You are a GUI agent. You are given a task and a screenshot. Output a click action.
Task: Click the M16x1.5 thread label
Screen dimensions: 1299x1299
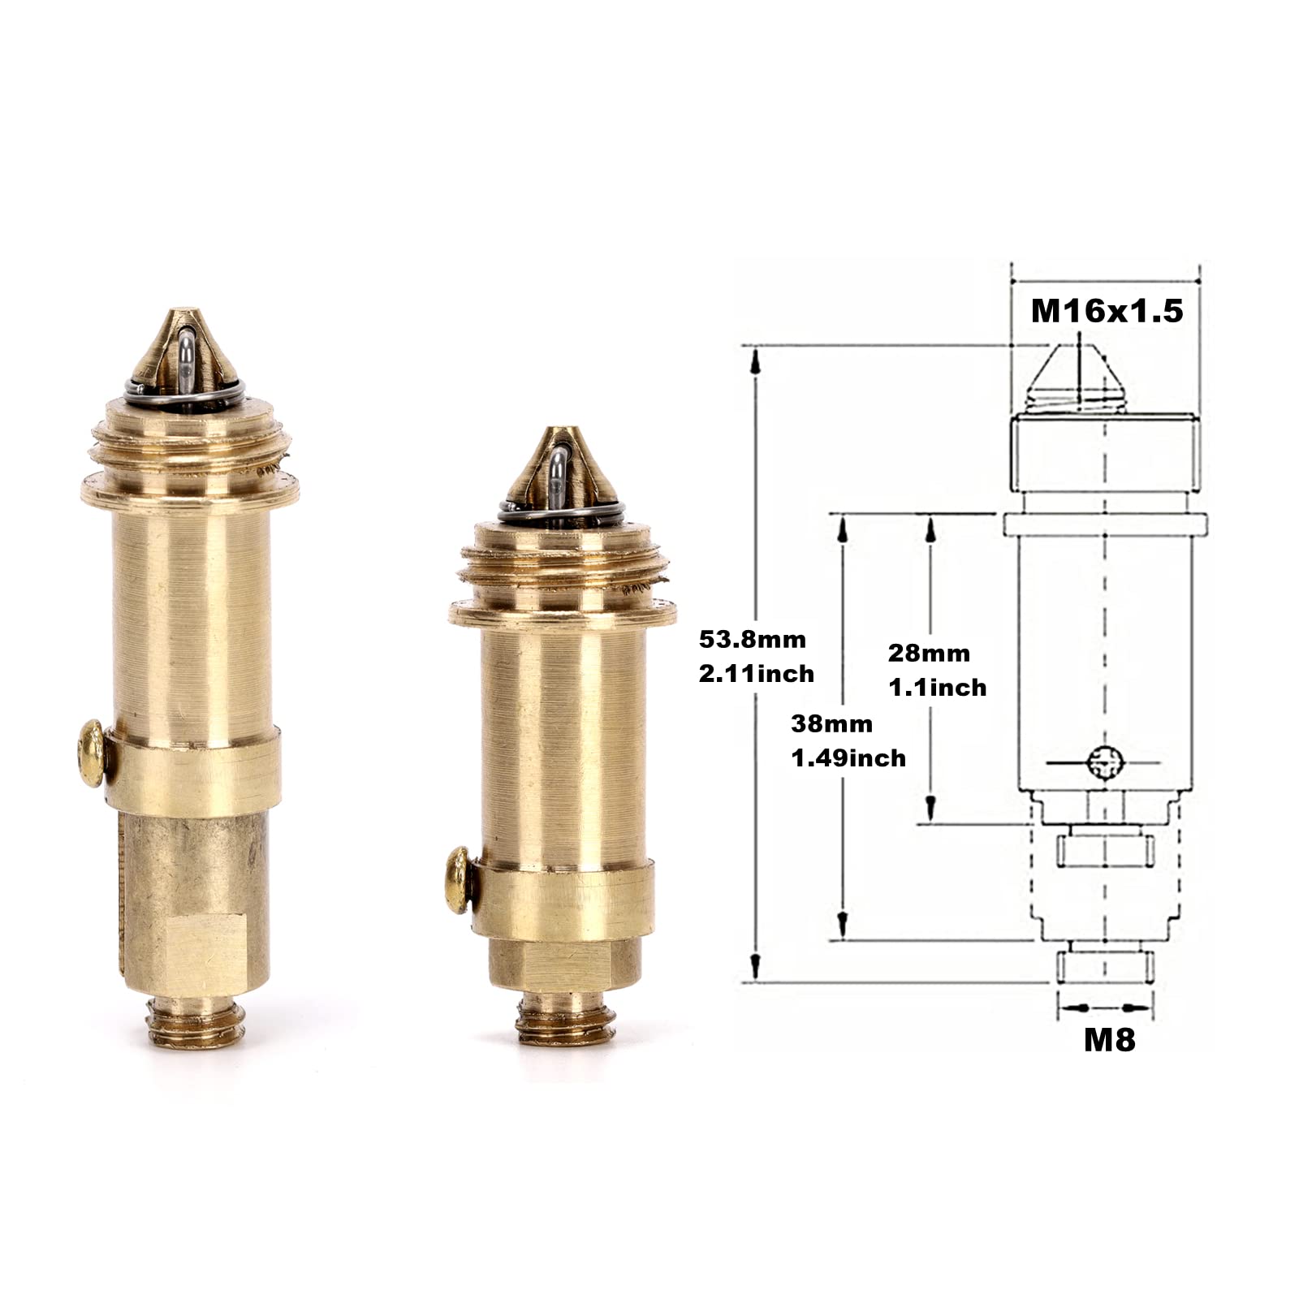coord(1107,310)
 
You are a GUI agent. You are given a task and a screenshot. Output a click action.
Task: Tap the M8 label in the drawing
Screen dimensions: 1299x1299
coord(1110,1040)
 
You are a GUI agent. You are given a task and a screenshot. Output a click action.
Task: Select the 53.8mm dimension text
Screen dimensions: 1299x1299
coord(753,640)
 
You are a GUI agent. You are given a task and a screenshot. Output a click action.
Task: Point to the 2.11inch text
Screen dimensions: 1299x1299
coord(757,673)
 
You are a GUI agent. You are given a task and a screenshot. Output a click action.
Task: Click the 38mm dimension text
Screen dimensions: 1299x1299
coord(832,723)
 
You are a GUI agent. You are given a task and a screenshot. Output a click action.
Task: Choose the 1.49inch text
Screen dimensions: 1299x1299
coord(848,757)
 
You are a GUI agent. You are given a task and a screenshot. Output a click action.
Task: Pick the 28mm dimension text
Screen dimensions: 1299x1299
coord(929,653)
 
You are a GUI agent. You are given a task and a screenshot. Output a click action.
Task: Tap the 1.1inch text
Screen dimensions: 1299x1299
coord(938,688)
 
